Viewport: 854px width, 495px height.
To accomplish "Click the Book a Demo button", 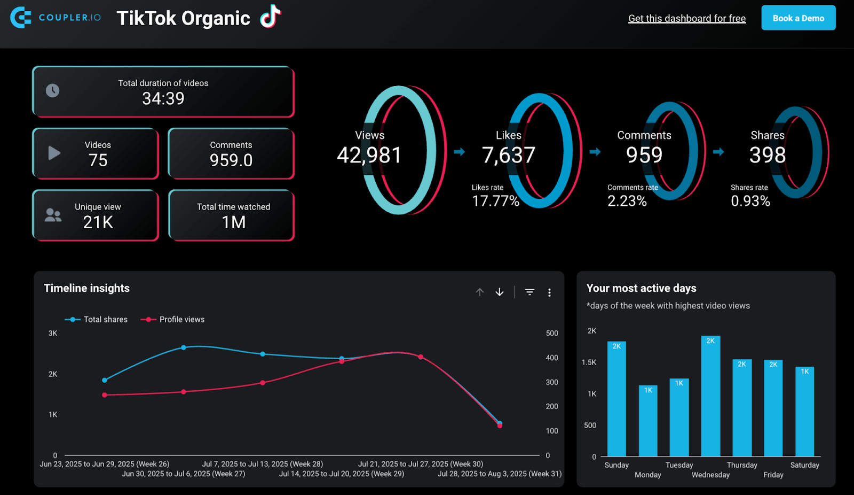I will tap(798, 18).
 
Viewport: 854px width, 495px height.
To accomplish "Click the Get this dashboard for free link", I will tap(687, 19).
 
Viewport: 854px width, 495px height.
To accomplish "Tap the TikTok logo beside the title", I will tap(271, 17).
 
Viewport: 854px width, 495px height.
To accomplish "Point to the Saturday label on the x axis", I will tap(804, 465).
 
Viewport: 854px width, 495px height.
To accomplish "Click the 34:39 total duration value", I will tap(163, 99).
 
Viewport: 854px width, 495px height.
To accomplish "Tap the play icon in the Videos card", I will tap(54, 153).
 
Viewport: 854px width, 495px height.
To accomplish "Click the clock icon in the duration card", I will tap(52, 91).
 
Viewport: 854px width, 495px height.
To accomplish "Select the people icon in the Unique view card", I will tap(53, 215).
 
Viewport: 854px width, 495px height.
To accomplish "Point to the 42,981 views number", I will tap(369, 156).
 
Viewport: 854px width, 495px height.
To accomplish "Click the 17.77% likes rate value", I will tap(495, 201).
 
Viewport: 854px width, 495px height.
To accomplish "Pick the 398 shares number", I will tap(767, 156).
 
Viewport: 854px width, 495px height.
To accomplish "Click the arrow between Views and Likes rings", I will tap(459, 152).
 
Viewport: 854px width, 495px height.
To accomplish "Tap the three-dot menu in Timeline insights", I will tap(549, 292).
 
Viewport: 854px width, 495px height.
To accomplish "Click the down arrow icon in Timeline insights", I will tap(500, 292).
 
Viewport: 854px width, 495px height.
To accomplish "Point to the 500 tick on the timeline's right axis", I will tap(552, 334).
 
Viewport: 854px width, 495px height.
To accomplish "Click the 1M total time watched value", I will tap(234, 222).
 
